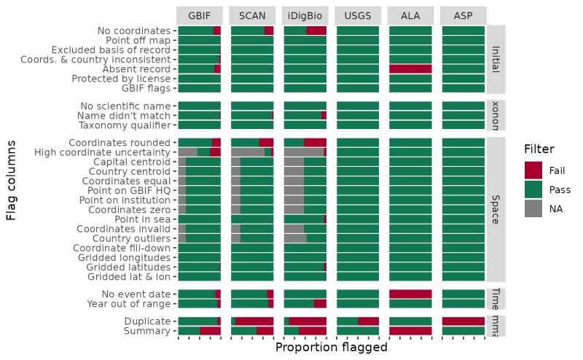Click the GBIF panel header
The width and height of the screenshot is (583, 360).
(x=199, y=15)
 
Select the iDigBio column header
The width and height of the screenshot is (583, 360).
(x=305, y=15)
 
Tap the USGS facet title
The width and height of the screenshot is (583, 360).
(x=358, y=15)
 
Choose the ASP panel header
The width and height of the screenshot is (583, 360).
(x=463, y=15)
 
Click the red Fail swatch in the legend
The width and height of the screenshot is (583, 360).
(x=533, y=171)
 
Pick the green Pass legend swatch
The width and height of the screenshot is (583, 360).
(x=533, y=189)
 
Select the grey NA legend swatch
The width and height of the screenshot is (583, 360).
(x=533, y=208)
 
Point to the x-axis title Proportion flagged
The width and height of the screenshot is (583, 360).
(x=331, y=348)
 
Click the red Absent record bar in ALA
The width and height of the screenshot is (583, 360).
(x=410, y=69)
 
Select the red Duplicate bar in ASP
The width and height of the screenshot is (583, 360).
(x=463, y=321)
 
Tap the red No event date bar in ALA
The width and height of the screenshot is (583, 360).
(x=410, y=294)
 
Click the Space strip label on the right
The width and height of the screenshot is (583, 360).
(x=496, y=208)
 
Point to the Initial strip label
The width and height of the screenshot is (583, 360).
(x=496, y=59)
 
